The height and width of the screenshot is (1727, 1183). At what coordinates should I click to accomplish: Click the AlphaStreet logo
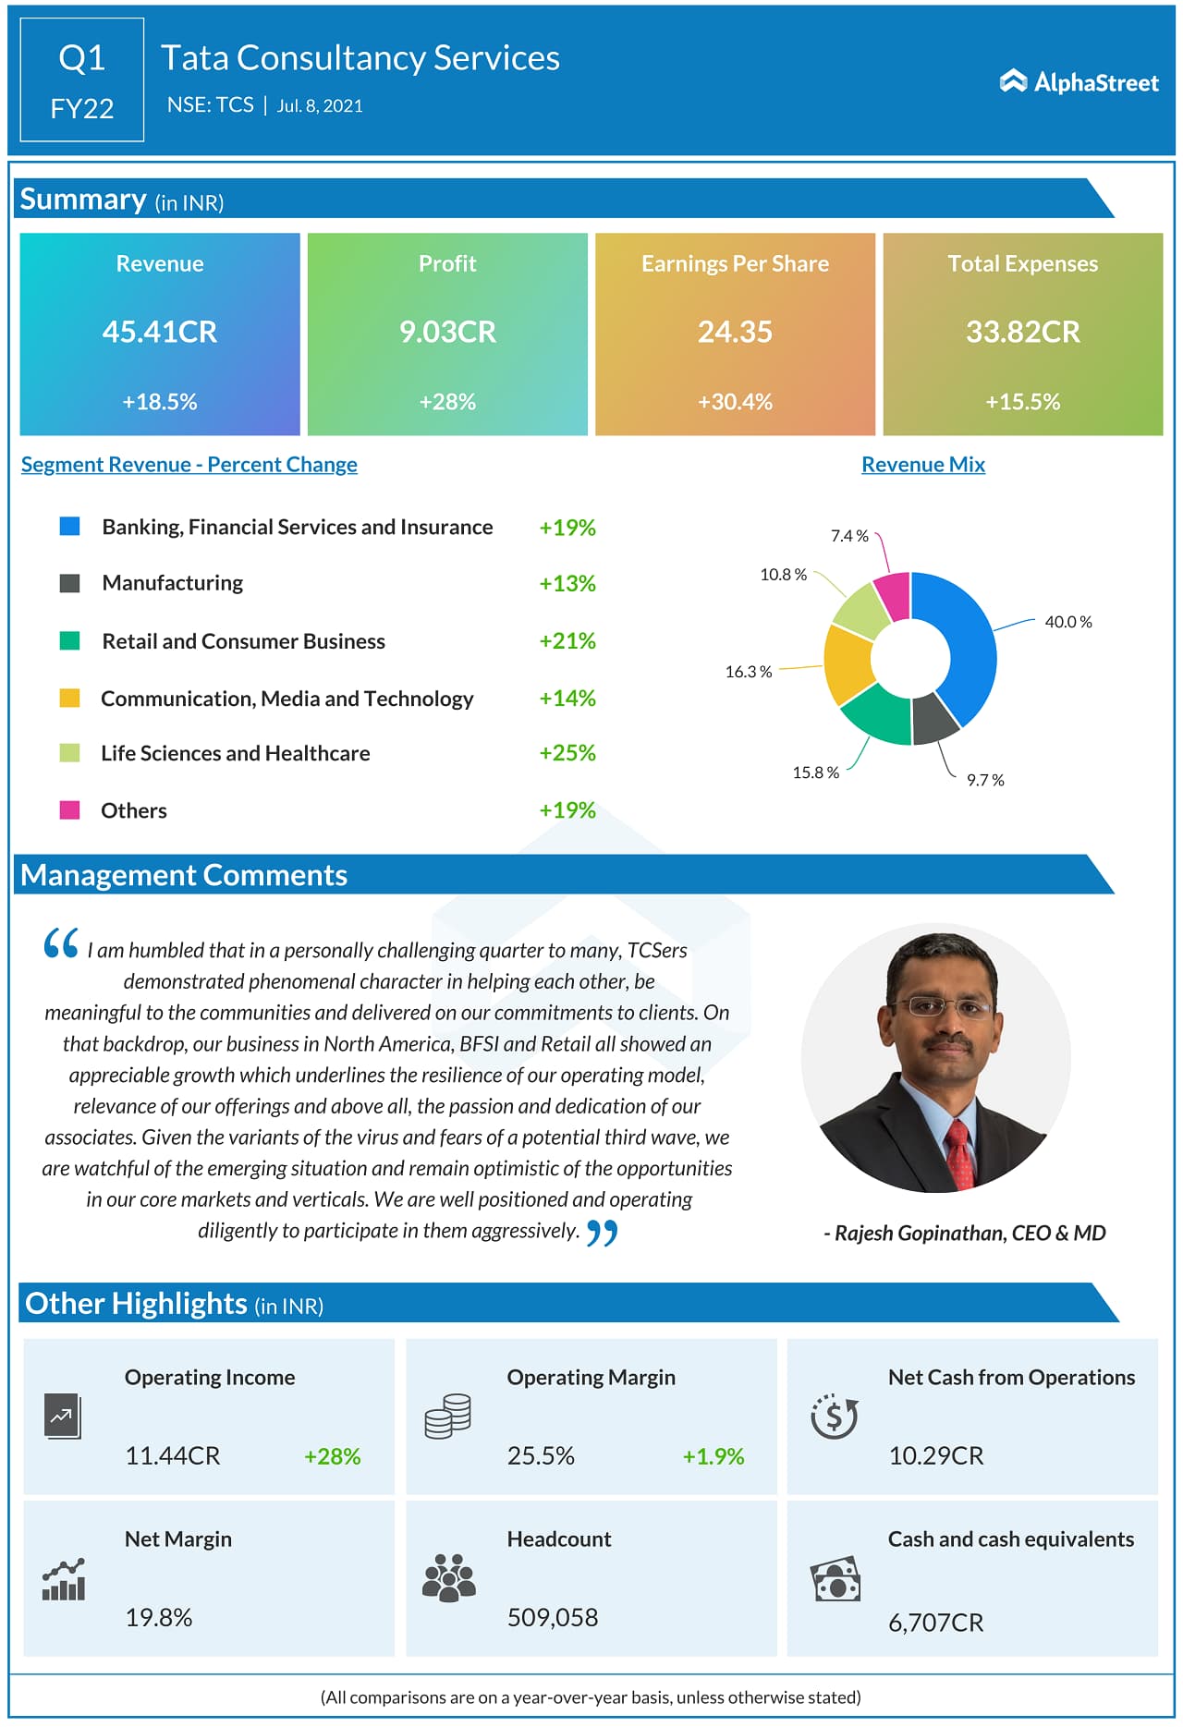[x=1079, y=82]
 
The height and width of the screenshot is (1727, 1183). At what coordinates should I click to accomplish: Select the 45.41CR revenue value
[x=160, y=332]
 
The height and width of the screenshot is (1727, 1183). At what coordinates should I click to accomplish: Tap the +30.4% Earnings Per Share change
[x=735, y=402]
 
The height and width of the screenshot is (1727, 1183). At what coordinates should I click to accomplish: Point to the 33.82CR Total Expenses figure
[x=1022, y=332]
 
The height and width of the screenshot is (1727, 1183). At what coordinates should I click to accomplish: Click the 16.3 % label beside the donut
[x=748, y=672]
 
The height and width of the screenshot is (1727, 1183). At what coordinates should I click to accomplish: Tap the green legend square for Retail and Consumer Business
[x=69, y=640]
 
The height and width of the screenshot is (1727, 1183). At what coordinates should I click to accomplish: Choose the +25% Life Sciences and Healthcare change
[x=567, y=753]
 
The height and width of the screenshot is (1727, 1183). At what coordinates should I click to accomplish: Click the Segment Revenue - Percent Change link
[x=189, y=465]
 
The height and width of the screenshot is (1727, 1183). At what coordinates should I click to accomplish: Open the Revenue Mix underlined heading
[x=922, y=465]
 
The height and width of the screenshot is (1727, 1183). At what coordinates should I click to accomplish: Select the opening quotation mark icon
[x=61, y=943]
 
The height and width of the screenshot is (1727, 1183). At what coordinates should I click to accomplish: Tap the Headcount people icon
[x=448, y=1577]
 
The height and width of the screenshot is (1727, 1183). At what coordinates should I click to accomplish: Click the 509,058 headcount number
[x=552, y=1617]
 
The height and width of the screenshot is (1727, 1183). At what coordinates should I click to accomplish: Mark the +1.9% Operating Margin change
[x=713, y=1456]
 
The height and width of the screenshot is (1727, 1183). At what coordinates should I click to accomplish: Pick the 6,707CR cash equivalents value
[x=935, y=1623]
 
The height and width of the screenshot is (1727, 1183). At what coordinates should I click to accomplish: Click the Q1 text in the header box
[x=81, y=58]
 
